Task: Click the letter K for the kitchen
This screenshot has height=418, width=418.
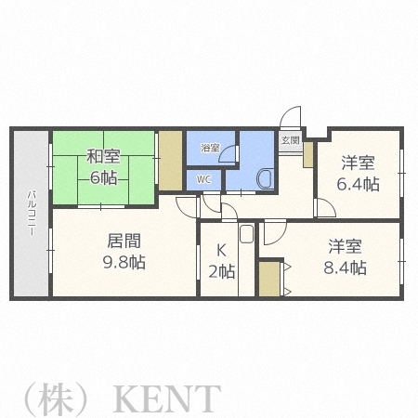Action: click(x=221, y=250)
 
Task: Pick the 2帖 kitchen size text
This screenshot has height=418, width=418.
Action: click(x=221, y=271)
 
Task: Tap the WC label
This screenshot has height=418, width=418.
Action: click(x=203, y=177)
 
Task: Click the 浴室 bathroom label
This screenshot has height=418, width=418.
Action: click(x=211, y=148)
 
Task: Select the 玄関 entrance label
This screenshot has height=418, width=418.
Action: click(x=291, y=141)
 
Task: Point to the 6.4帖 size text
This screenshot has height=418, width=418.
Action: click(x=359, y=183)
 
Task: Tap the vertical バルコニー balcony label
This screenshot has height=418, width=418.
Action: click(x=31, y=214)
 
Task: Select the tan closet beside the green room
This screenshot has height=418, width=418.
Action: click(x=170, y=160)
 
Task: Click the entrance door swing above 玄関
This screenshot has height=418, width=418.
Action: click(x=292, y=119)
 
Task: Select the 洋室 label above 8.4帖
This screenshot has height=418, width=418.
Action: click(x=346, y=247)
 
